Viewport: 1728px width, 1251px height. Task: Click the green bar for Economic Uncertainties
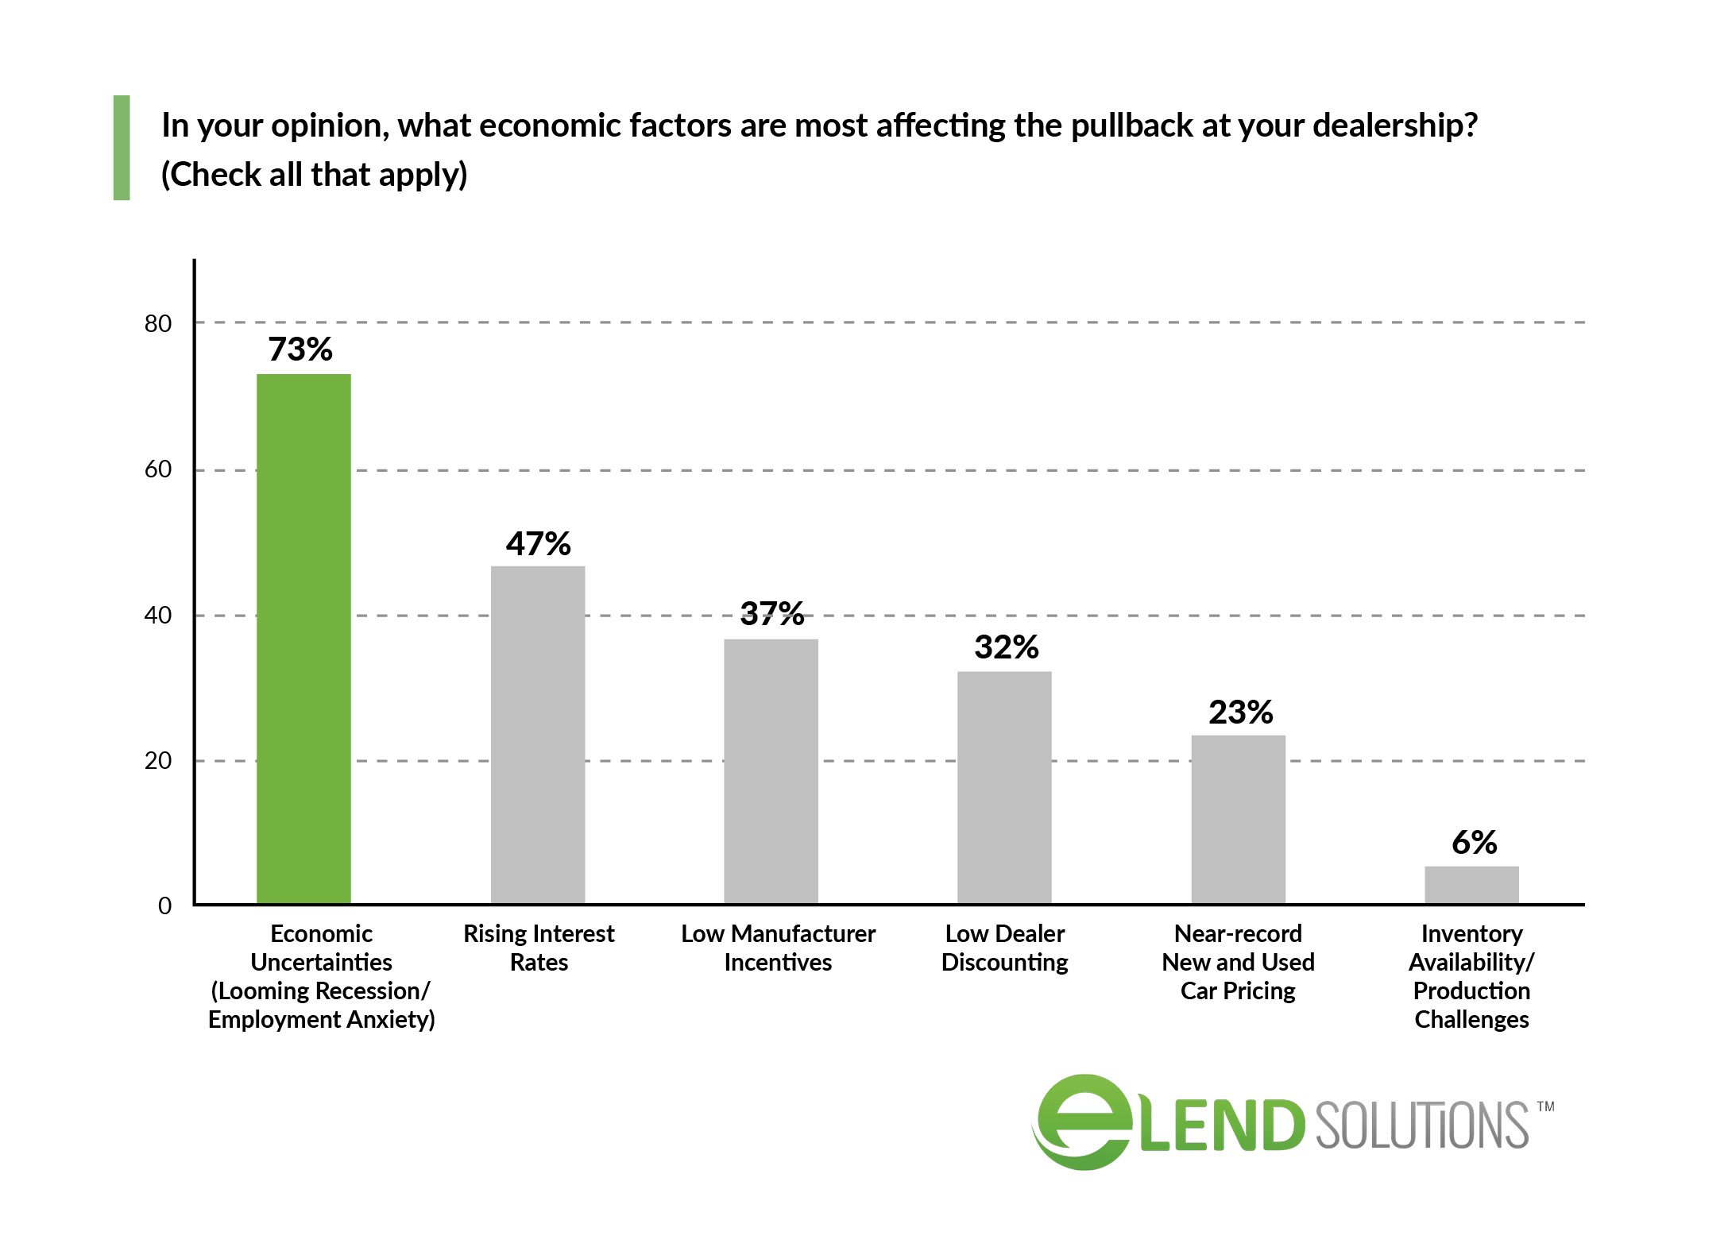pos(303,639)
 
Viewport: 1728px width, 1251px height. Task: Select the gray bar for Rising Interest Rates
pos(538,735)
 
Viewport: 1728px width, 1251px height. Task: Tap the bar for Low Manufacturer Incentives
pos(771,771)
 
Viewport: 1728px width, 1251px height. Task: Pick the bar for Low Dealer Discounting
pos(1004,787)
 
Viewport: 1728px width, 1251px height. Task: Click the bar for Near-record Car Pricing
pos(1238,819)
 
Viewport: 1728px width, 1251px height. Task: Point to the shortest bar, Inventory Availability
pos(1471,885)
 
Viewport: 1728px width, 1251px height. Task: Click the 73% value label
pos(300,349)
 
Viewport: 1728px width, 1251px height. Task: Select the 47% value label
pos(538,544)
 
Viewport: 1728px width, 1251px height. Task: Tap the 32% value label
pos(1006,647)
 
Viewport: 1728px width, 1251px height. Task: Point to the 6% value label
pos(1474,843)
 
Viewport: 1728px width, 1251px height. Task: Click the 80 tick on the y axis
pos(158,323)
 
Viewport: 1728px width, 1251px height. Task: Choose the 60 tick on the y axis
pos(158,469)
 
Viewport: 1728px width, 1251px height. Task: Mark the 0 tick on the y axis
pos(164,905)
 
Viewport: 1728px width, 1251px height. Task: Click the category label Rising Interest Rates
pos(539,948)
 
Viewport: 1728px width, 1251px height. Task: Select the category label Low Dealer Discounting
pos(1004,948)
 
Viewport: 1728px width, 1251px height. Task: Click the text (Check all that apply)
pos(315,175)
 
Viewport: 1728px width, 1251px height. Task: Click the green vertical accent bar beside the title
pos(122,148)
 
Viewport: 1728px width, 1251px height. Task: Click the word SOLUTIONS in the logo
pos(1421,1126)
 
